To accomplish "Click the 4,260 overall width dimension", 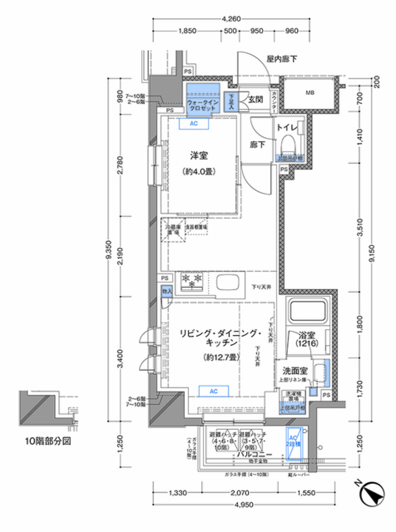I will [231, 19].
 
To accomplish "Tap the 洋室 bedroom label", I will [199, 156].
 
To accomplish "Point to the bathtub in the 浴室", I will [308, 311].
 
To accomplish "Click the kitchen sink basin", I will [227, 283].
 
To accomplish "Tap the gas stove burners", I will [192, 280].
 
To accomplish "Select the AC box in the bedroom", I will [193, 124].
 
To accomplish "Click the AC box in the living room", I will [213, 391].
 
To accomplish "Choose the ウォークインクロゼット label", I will [202, 105].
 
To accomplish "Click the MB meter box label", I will [310, 93].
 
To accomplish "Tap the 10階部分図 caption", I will [48, 441].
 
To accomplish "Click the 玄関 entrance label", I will [255, 99].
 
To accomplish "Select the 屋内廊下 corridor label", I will [281, 59].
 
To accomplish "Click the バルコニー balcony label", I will [254, 454].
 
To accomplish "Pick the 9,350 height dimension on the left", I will [108, 250].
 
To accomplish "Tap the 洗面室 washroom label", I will [295, 371].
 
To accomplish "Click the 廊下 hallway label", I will [257, 145].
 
